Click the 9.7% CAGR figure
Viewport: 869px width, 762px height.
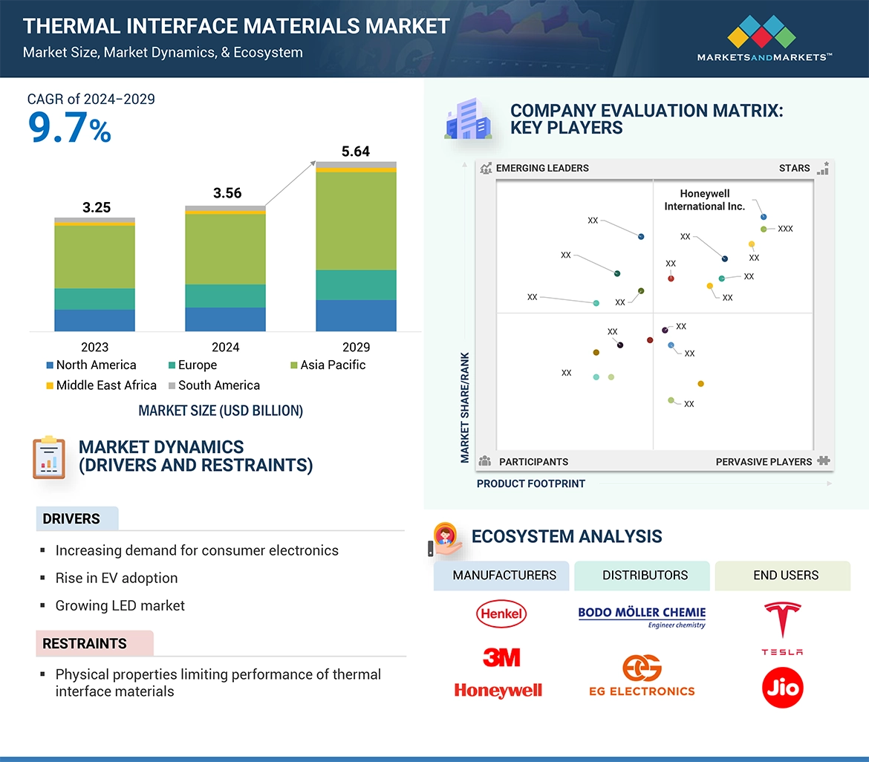click(x=69, y=128)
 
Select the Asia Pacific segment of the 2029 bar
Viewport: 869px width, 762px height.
click(x=356, y=221)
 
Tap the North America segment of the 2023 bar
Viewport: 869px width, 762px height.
click(x=94, y=320)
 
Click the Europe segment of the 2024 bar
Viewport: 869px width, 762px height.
click(x=225, y=296)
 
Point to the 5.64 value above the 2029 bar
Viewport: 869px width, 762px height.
click(x=355, y=152)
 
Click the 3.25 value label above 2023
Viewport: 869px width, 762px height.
click(x=97, y=208)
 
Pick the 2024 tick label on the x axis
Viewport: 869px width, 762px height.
click(x=225, y=347)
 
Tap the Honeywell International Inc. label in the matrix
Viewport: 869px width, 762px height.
click(x=704, y=201)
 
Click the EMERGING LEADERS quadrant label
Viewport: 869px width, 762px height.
click(x=541, y=168)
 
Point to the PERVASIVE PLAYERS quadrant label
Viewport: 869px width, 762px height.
click(x=764, y=462)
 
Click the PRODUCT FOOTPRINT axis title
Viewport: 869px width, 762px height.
click(x=531, y=483)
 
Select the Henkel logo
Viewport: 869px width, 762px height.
click(x=501, y=613)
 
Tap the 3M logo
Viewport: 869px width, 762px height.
click(x=501, y=657)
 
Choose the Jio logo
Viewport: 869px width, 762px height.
click(x=782, y=688)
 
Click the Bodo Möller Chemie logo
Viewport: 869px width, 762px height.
click(x=642, y=616)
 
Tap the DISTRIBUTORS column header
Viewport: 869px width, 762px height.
click(x=645, y=576)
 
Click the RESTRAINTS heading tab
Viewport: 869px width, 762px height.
click(x=85, y=644)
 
